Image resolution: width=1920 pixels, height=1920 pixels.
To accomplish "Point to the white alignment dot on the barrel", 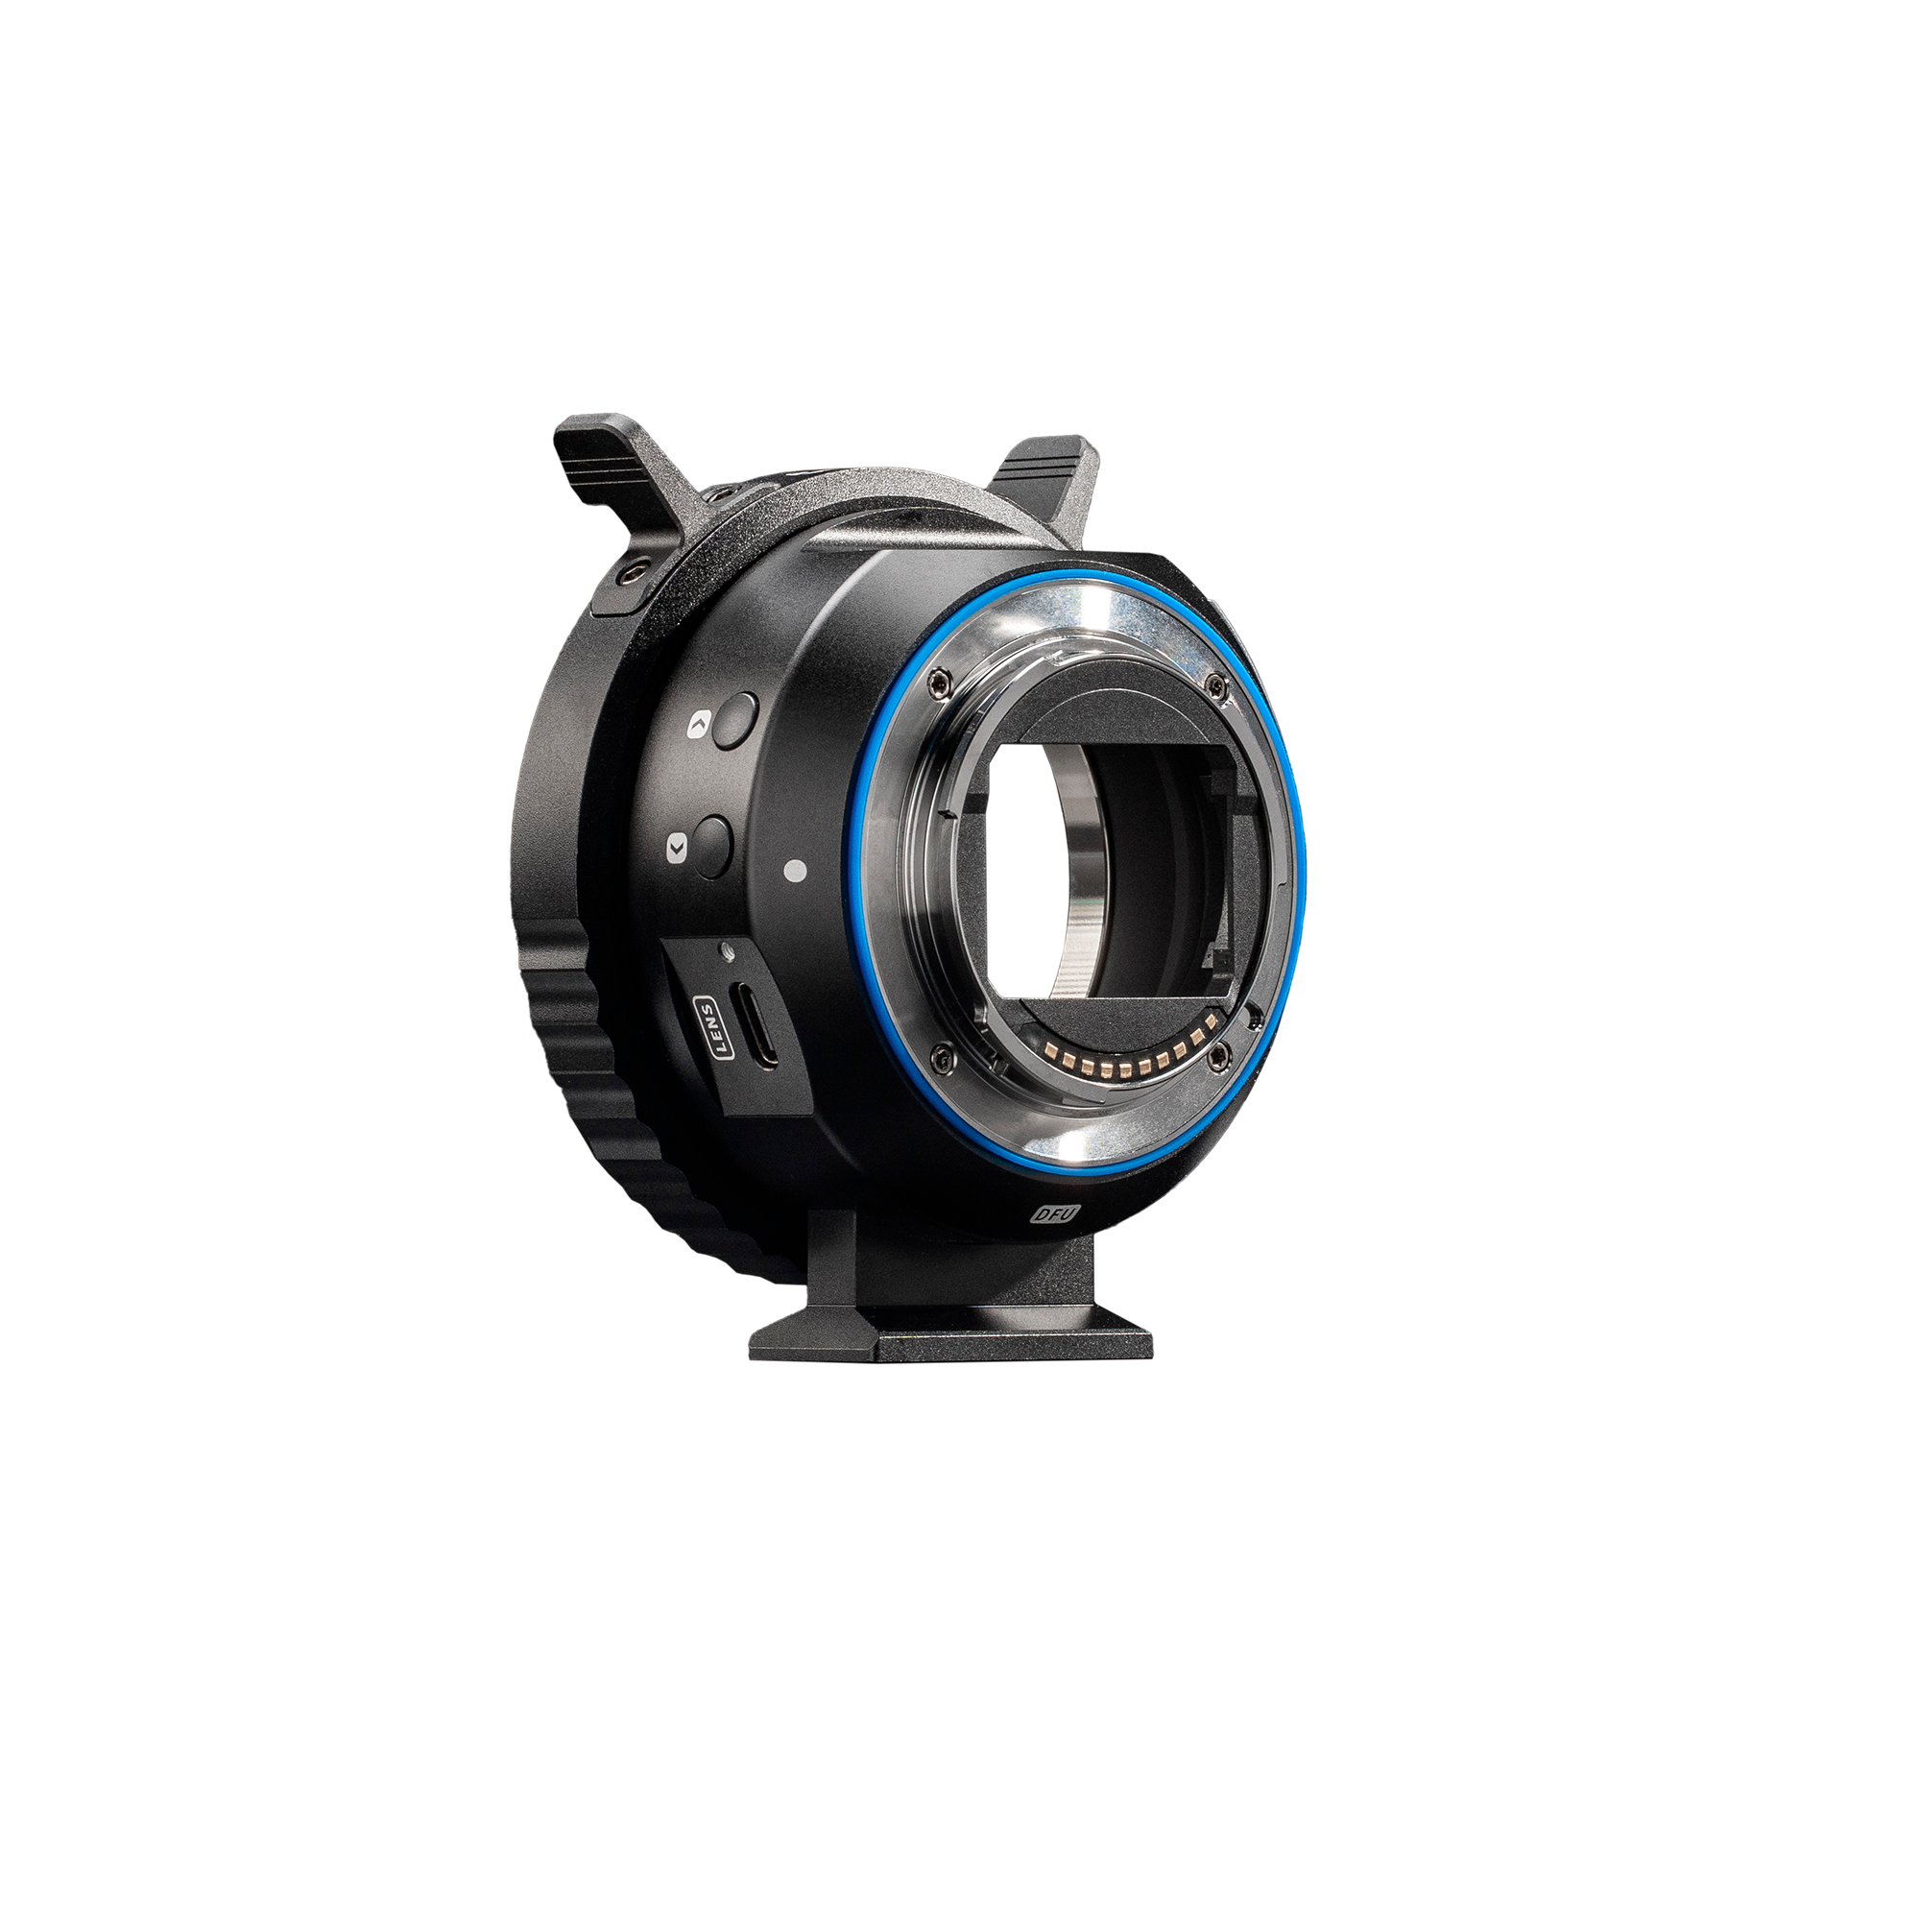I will click(792, 872).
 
